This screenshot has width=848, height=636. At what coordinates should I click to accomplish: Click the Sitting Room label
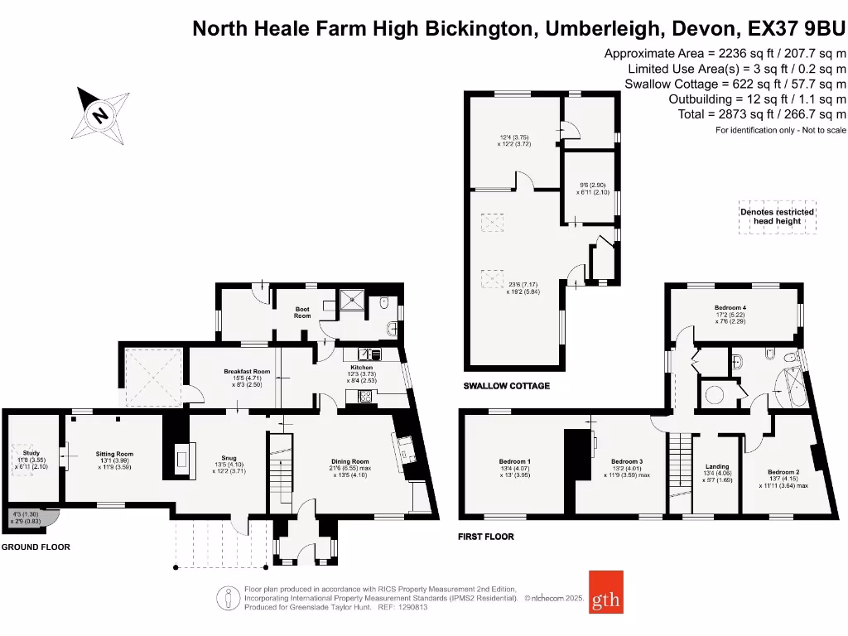click(114, 454)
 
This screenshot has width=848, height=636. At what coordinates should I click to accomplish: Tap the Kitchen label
click(361, 367)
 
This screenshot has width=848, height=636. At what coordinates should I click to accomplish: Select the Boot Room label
click(302, 312)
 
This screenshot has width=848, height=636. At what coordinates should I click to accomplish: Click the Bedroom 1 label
click(514, 461)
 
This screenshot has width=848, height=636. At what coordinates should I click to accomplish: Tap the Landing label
click(716, 466)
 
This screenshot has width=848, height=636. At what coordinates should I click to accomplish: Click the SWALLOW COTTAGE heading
click(506, 386)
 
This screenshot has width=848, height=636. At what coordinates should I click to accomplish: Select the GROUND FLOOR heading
click(36, 547)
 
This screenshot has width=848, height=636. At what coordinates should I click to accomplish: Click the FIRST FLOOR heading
click(485, 537)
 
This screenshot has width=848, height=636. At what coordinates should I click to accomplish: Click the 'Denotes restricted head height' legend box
click(776, 216)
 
